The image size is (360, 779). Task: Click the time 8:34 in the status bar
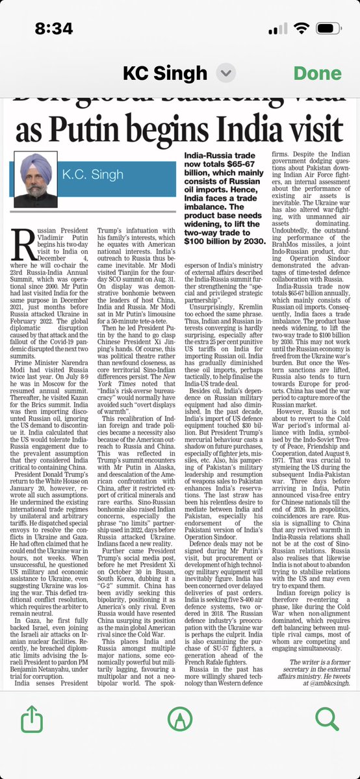54,29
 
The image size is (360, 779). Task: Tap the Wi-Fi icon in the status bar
302,29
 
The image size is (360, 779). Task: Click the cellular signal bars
277,29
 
